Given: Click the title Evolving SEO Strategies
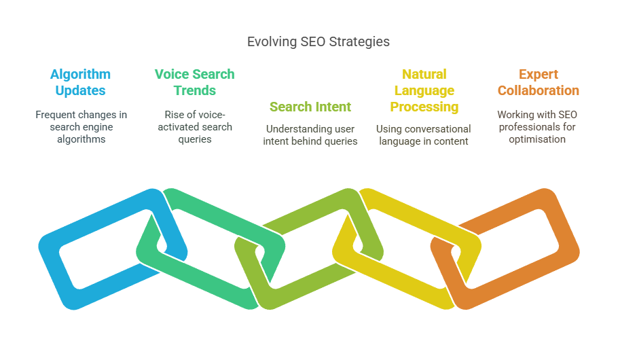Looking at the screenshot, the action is pos(318,42).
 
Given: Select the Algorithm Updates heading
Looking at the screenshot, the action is pos(80,82).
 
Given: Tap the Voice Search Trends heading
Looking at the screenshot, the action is pos(195,82).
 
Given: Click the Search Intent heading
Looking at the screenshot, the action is pos(310,107).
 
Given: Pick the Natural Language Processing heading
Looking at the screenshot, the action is pos(424,90).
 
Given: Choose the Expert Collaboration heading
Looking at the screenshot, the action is pos(539,82).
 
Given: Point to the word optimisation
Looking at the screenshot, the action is pos(537,139).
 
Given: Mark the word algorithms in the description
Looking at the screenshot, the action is pos(81,139).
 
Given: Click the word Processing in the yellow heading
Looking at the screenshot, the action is pos(424,107).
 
